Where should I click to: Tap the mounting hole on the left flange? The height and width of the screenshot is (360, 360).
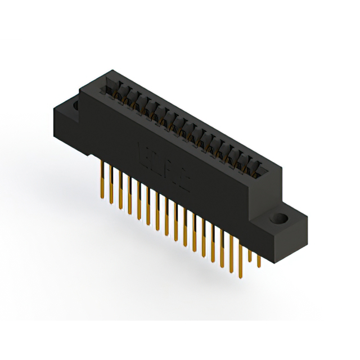pos(75,105)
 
